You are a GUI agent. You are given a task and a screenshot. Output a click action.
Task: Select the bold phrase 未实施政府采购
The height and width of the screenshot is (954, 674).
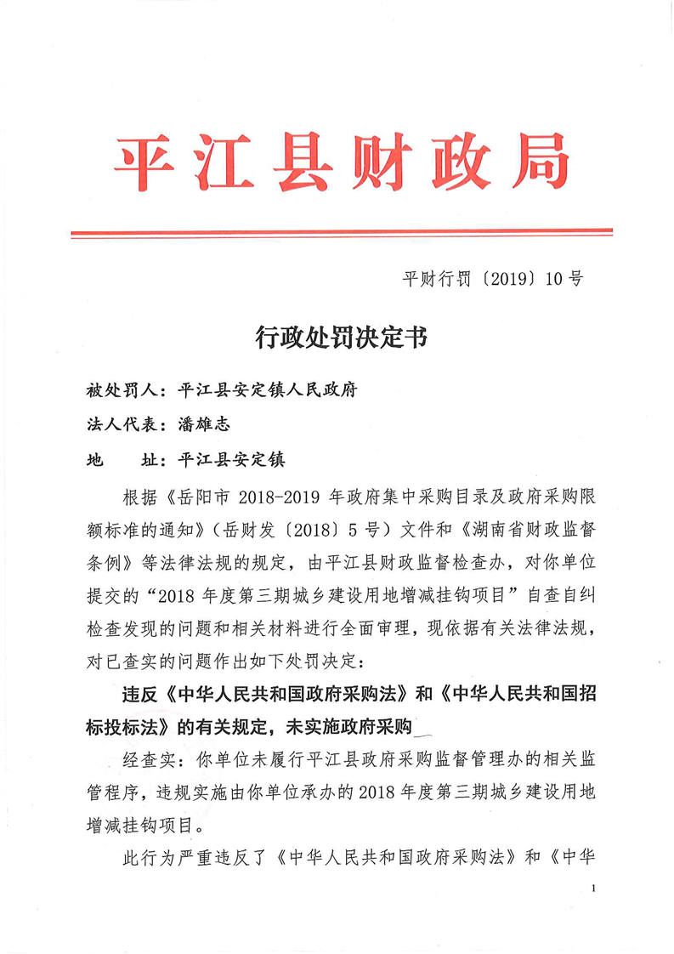coord(354,727)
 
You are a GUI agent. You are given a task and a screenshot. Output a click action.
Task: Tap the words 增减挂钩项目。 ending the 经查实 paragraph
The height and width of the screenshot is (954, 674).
coord(146,823)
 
